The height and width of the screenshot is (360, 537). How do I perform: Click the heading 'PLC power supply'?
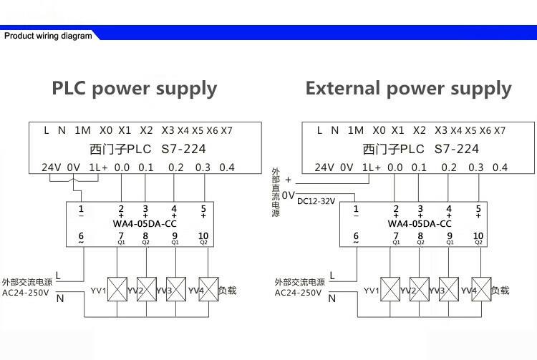click(134, 89)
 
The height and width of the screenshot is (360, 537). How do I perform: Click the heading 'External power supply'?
click(408, 89)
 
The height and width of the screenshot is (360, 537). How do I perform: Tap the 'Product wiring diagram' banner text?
click(48, 35)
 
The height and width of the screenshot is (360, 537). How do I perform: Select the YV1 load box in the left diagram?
click(117, 290)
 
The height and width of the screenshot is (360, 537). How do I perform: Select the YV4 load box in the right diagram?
click(480, 290)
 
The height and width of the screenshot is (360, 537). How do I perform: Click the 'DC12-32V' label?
click(315, 201)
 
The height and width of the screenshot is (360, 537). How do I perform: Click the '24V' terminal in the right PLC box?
click(325, 167)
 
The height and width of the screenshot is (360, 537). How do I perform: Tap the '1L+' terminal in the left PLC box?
click(98, 167)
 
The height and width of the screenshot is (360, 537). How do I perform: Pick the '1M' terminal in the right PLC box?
click(356, 130)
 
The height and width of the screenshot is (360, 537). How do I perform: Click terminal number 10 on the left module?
click(203, 235)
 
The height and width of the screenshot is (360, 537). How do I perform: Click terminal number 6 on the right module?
click(356, 235)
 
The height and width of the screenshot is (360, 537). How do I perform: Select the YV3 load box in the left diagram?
click(176, 290)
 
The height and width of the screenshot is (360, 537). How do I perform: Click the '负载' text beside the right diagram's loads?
click(500, 290)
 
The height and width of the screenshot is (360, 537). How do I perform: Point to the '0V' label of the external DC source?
click(289, 195)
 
